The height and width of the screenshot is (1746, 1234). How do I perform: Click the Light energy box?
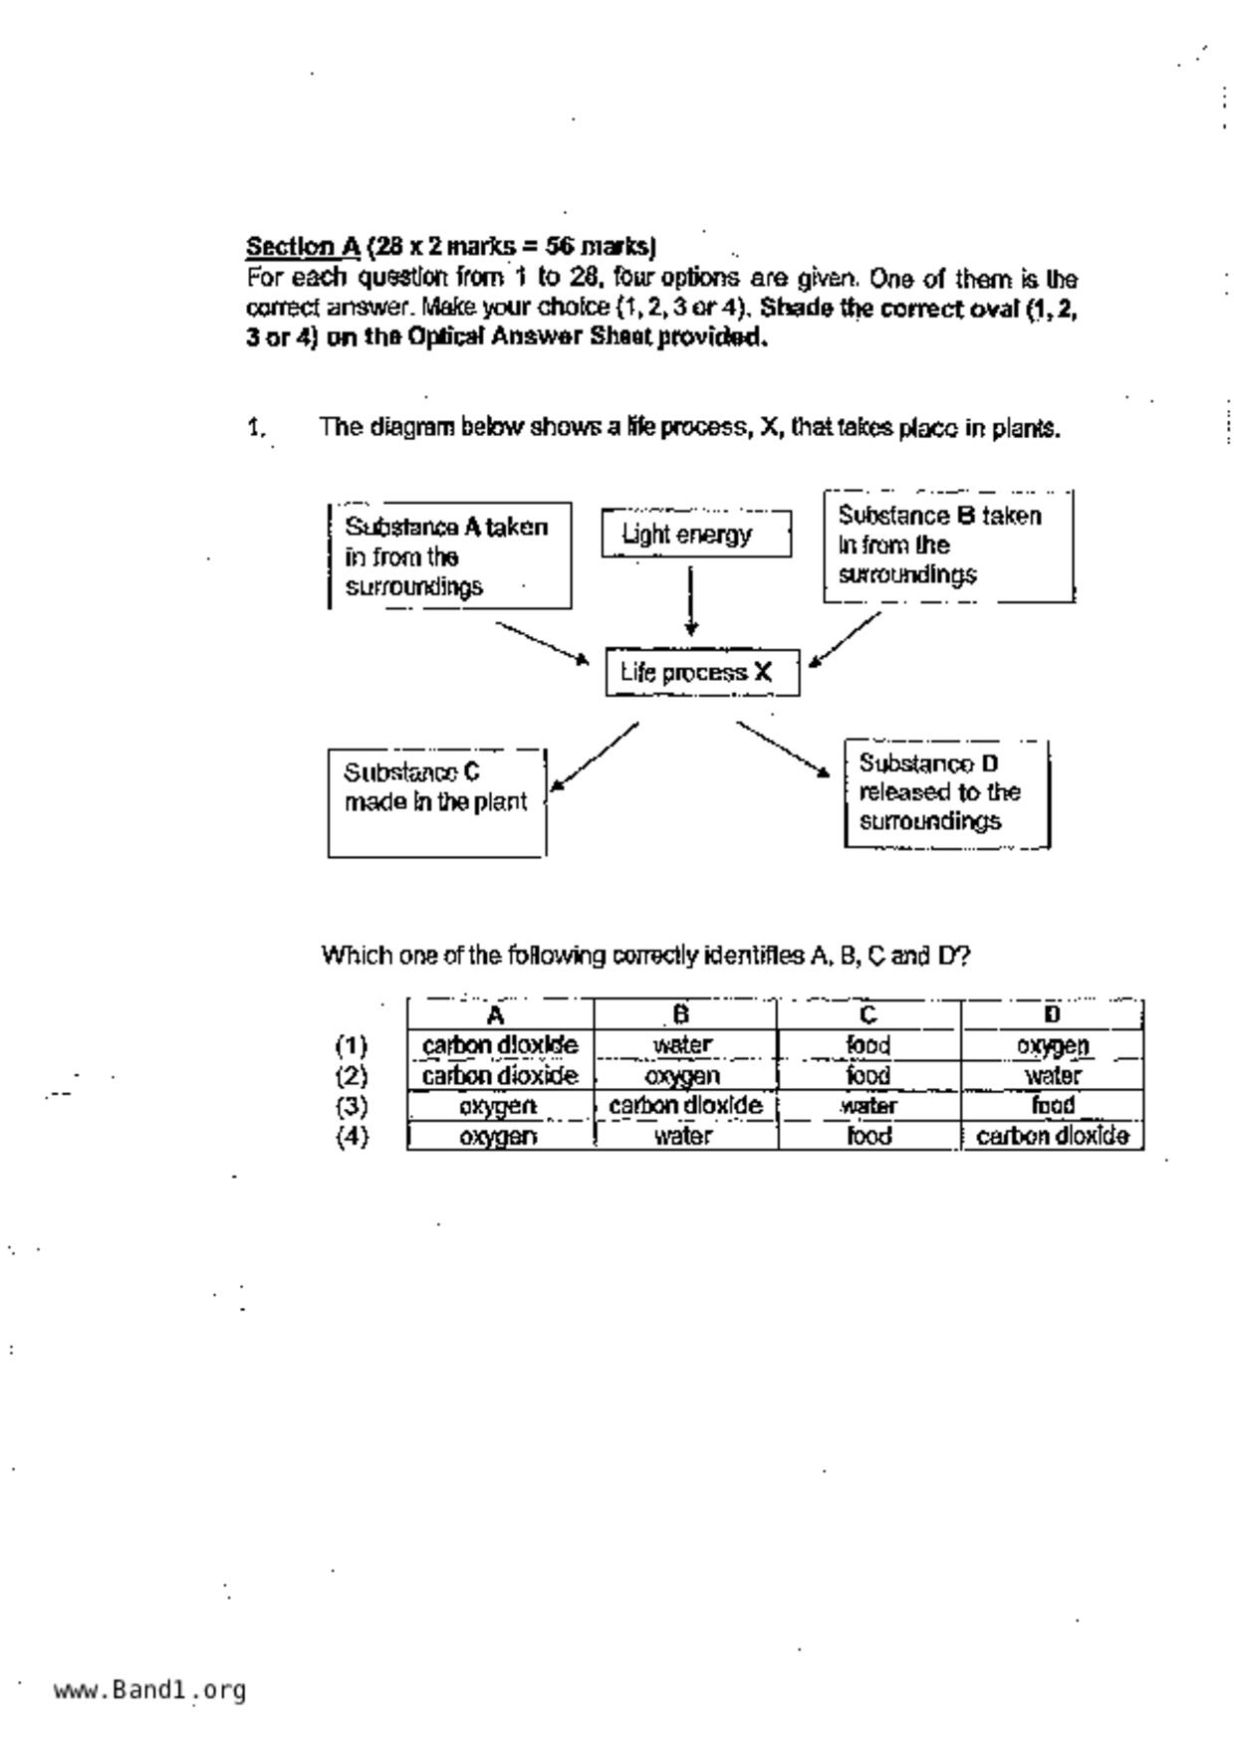(x=696, y=535)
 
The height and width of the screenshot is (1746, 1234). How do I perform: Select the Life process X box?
(x=702, y=673)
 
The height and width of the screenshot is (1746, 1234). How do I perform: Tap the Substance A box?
(x=450, y=555)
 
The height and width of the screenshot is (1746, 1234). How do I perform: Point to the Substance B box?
(x=948, y=546)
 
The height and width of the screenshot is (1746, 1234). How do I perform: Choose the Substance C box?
(x=437, y=802)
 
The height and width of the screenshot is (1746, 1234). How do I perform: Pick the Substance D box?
(x=946, y=793)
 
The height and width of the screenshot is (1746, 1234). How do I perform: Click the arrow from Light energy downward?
(x=690, y=600)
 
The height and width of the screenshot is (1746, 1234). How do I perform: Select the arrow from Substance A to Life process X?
(x=543, y=643)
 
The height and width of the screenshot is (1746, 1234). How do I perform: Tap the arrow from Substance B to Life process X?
(x=846, y=639)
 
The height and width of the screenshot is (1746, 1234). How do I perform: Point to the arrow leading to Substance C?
(x=595, y=756)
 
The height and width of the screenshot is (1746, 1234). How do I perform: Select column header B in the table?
(x=682, y=1014)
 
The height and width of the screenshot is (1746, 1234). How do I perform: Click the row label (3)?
(x=352, y=1107)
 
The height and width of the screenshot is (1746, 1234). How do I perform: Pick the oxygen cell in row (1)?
(x=1052, y=1046)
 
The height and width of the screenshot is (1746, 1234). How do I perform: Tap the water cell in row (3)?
(x=868, y=1107)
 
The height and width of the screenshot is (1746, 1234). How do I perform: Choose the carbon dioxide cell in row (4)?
(x=1052, y=1137)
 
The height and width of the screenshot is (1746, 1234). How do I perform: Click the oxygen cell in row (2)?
(x=682, y=1076)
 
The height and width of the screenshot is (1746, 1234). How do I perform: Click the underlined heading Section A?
(x=303, y=246)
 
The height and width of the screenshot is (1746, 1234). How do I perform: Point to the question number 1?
(x=256, y=428)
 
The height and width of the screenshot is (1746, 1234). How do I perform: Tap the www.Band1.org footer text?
(x=149, y=1690)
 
